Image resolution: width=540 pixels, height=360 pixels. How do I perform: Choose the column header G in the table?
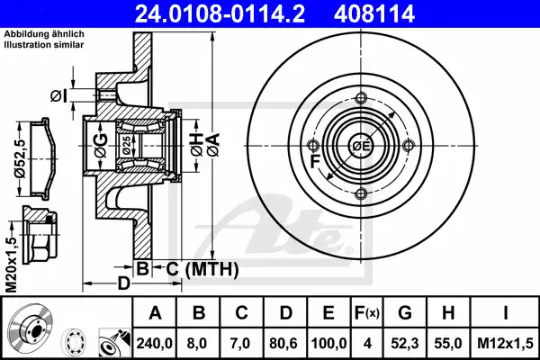pyautogui.click(x=405, y=315)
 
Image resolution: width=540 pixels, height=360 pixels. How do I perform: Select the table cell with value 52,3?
pyautogui.click(x=405, y=342)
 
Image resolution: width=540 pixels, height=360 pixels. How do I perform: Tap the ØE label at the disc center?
pyautogui.click(x=361, y=147)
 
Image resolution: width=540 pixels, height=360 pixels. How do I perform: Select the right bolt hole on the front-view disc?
pyautogui.click(x=409, y=147)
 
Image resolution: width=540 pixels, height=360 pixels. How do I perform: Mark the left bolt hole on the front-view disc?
pyautogui.click(x=313, y=147)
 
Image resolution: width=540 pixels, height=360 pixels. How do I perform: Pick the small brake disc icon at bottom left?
pyautogui.click(x=28, y=328)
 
